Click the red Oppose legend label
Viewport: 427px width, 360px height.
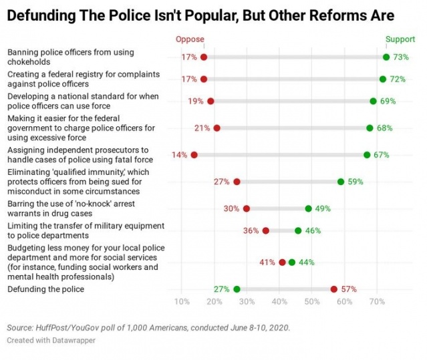click(x=190, y=39)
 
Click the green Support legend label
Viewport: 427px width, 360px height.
click(x=400, y=39)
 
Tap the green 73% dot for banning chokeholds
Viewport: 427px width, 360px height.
click(x=386, y=57)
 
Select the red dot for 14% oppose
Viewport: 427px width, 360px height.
click(x=194, y=155)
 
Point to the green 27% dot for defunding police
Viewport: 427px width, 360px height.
click(x=237, y=289)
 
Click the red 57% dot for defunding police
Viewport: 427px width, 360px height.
click(x=334, y=289)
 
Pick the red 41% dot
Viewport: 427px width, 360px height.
click(x=282, y=262)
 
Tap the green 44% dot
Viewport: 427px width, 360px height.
click(x=292, y=262)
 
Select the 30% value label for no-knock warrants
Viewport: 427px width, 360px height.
click(x=231, y=208)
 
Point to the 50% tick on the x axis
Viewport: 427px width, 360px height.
click(x=312, y=302)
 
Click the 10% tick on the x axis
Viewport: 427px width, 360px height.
click(x=182, y=302)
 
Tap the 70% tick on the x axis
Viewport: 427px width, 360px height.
click(x=377, y=302)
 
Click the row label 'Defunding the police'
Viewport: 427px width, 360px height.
click(x=45, y=289)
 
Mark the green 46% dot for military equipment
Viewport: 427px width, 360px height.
click(x=298, y=231)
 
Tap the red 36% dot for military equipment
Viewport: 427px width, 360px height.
click(x=266, y=231)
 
